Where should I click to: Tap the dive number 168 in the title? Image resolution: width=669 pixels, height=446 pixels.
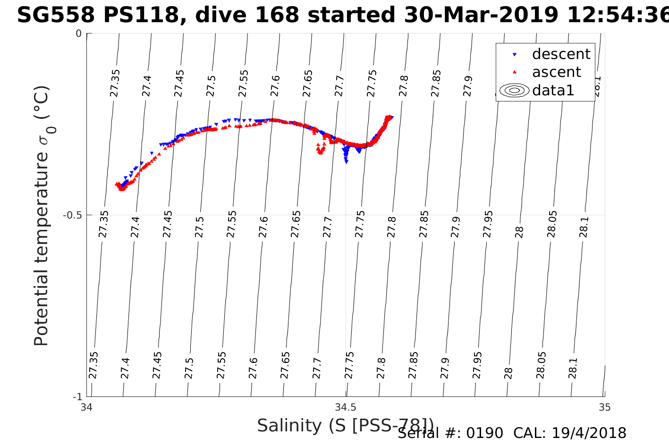point(279,16)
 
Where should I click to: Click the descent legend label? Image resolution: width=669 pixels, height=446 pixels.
point(561,54)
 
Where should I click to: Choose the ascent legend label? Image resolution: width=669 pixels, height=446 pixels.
point(556,72)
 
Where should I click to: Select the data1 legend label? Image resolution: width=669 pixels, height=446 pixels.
point(553,90)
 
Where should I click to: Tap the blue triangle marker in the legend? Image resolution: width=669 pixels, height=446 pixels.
point(515,55)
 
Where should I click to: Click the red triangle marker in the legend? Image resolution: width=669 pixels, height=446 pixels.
point(515,72)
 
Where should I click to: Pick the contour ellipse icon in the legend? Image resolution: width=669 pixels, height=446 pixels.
point(515,90)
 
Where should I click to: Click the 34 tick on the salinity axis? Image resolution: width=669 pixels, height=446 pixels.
point(86,407)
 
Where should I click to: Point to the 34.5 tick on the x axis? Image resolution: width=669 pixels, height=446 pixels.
point(346,407)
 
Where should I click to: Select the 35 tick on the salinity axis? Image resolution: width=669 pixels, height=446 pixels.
point(604,407)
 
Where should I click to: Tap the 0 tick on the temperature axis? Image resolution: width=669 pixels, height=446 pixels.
point(79,34)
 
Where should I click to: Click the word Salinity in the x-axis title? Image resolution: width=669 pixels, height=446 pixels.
point(290,426)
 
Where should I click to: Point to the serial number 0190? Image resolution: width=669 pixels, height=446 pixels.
point(484,433)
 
